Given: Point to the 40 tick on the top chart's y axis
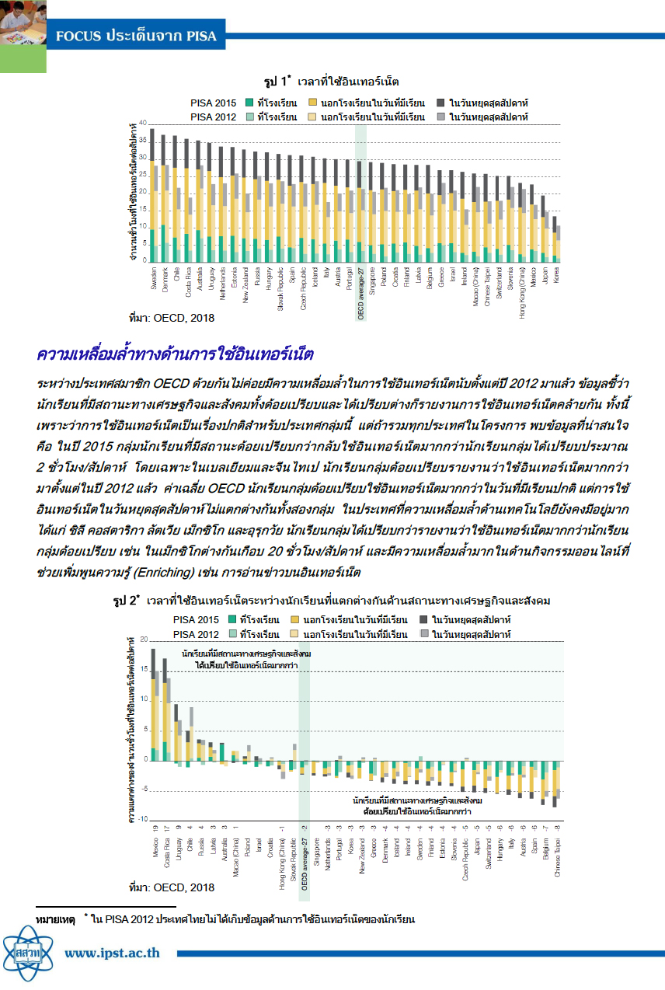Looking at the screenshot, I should point(142,124).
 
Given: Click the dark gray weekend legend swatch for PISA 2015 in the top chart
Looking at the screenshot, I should point(440,103).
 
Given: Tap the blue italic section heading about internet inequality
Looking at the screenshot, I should point(175,355).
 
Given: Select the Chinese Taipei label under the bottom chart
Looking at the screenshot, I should point(557,854).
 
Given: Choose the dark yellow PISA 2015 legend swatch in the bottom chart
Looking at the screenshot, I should point(294,620).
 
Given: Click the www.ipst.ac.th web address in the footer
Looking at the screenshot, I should point(113,952).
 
